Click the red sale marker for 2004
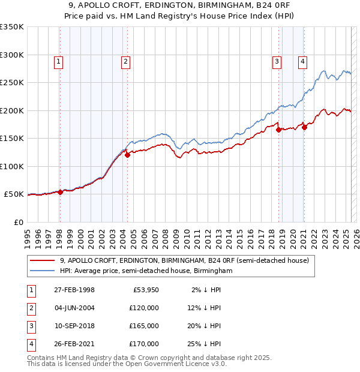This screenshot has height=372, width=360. coord(127,154)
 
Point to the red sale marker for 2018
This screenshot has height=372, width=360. coord(279,130)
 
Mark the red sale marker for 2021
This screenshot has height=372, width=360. coord(305,127)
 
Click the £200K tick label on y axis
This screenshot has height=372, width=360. coord(11,110)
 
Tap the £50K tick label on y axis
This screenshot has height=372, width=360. coord(14,194)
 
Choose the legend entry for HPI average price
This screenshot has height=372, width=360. coord(145,271)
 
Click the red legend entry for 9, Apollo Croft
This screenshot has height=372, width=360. coord(184,260)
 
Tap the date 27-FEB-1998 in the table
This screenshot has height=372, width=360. coord(74,290)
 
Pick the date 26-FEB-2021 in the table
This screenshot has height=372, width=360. coord(74,344)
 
